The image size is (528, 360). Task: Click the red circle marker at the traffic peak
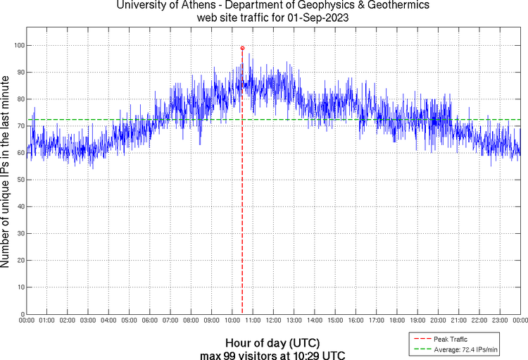[242, 48]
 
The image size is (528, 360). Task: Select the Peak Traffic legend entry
[446, 340]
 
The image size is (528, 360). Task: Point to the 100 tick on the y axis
[18, 45]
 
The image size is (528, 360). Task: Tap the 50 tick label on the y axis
[19, 180]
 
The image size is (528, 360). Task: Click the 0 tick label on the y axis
[21, 314]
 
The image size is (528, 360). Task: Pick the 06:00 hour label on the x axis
[150, 321]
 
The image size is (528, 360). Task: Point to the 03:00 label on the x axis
[88, 321]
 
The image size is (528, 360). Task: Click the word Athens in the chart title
[194, 6]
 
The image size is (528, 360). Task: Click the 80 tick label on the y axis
[19, 99]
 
